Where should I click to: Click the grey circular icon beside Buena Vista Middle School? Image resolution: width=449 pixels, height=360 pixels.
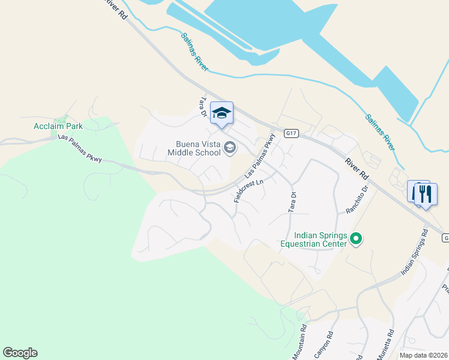point(229,148)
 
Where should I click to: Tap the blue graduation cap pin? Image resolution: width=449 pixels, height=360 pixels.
point(221,113)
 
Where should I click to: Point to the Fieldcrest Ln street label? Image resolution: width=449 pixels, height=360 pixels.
point(249,191)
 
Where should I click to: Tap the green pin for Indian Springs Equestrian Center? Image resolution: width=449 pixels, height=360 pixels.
point(356,239)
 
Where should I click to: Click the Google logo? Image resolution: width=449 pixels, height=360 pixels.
point(20,353)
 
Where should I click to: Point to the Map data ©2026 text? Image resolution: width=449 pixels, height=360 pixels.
point(424,355)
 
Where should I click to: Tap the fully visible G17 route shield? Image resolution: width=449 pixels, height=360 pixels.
point(291,133)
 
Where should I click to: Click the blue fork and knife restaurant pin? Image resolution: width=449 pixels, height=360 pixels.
point(426,194)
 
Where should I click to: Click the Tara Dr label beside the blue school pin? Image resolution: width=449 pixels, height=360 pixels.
point(203,107)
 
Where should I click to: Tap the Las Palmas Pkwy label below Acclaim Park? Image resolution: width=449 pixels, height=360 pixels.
point(80,147)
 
